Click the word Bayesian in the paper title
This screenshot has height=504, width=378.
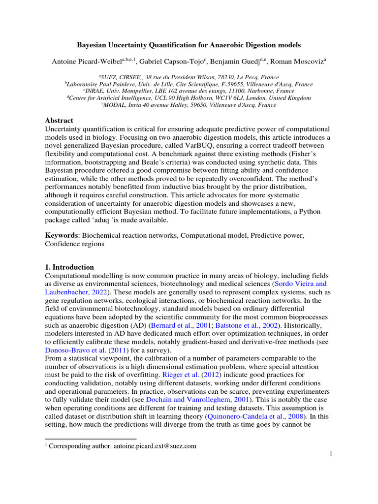coord(94,45)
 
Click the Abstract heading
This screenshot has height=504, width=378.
coord(59,121)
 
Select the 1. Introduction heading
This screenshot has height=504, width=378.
coord(69,267)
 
